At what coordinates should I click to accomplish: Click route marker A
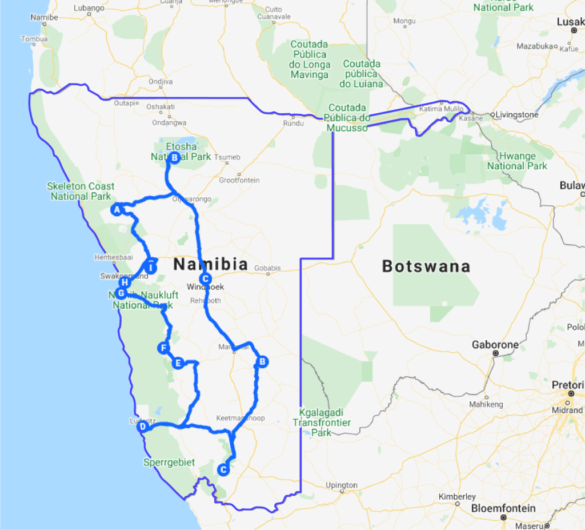(117, 210)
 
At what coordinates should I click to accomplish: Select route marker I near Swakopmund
(151, 268)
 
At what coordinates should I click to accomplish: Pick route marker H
(124, 282)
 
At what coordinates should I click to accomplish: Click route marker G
(121, 293)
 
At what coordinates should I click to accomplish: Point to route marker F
(163, 348)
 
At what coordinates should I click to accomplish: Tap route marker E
(178, 362)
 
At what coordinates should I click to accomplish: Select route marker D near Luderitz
(143, 426)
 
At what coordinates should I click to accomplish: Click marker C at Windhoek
(207, 279)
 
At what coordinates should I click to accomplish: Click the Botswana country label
(426, 266)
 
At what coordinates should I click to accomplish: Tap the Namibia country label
(211, 264)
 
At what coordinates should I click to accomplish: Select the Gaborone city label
(495, 345)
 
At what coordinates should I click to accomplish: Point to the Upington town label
(341, 485)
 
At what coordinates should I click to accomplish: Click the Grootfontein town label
(239, 180)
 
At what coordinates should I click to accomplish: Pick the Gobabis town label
(268, 268)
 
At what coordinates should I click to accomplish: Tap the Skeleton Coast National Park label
(81, 192)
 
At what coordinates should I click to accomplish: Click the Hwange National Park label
(517, 161)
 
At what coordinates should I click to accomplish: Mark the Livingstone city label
(516, 114)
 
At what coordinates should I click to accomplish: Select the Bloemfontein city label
(503, 508)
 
